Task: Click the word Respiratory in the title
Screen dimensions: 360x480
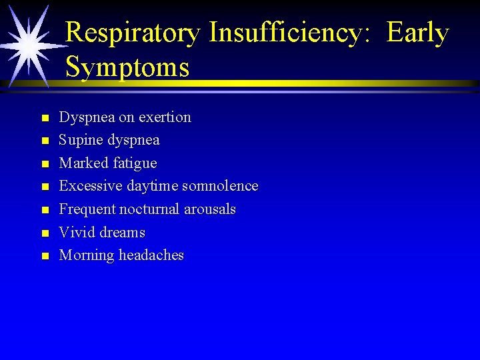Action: click(x=133, y=33)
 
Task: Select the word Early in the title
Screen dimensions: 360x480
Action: click(x=418, y=33)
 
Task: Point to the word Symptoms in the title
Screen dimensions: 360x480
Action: click(x=127, y=67)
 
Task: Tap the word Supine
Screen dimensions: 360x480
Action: click(x=80, y=141)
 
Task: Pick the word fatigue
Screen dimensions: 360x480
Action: click(x=135, y=163)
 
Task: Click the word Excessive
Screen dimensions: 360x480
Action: click(x=87, y=186)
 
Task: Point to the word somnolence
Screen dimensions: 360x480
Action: click(x=220, y=186)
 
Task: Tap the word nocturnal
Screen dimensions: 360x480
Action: click(x=149, y=209)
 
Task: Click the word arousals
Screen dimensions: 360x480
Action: click(x=210, y=209)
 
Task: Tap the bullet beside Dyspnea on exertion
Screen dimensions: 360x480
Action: click(x=45, y=119)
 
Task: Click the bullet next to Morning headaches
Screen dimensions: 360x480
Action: click(x=45, y=256)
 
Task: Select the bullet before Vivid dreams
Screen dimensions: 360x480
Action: click(x=45, y=233)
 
